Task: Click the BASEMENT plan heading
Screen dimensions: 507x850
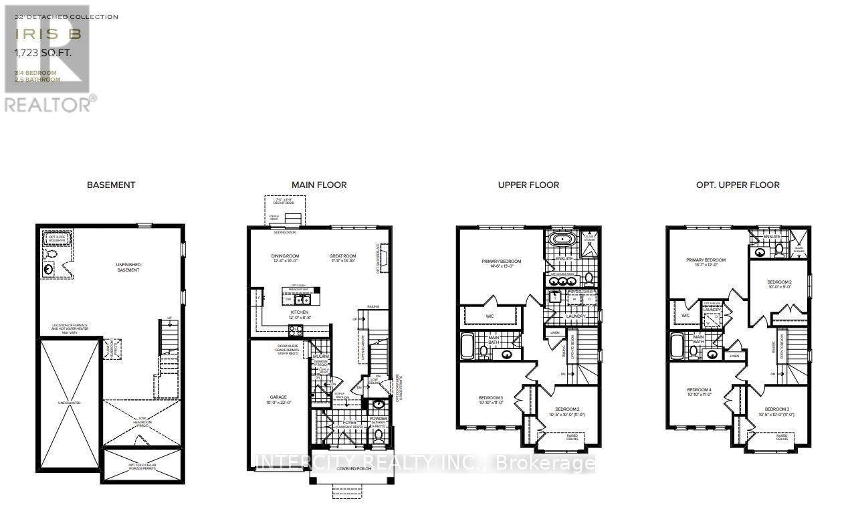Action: (111, 185)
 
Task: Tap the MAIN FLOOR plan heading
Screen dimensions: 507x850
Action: (319, 185)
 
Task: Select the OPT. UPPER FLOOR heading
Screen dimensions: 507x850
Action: (738, 185)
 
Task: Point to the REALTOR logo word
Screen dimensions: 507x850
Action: (47, 104)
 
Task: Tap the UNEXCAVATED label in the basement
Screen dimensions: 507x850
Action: (70, 403)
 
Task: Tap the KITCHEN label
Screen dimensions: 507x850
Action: (299, 312)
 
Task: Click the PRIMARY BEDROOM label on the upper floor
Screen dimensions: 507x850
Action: (501, 262)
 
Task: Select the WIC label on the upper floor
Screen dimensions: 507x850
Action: (489, 314)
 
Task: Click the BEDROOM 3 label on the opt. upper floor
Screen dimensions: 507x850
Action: (777, 409)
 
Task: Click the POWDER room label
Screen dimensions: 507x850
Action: (379, 419)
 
